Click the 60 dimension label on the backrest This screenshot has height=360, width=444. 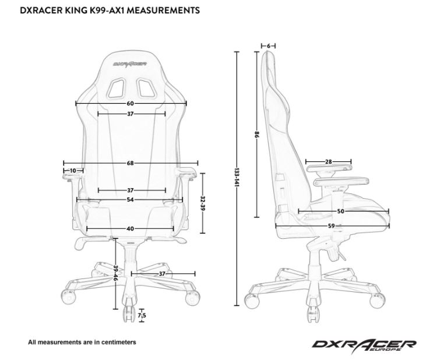click(130, 103)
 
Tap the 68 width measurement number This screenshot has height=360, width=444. click(130, 163)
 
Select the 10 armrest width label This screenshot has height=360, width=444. click(72, 171)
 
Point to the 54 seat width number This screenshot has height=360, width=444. click(130, 200)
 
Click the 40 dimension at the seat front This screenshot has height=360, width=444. click(130, 228)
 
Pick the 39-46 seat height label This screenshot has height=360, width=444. click(117, 273)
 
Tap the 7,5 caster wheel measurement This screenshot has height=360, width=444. click(142, 316)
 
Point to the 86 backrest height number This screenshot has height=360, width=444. click(256, 135)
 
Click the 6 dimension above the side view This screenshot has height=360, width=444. click(269, 45)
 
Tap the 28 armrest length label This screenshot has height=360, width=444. click(328, 162)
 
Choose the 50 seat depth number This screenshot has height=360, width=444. click(341, 211)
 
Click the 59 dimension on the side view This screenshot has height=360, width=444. click(332, 226)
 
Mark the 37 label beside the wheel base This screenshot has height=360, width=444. click(162, 273)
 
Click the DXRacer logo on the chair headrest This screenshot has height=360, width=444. click(130, 59)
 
